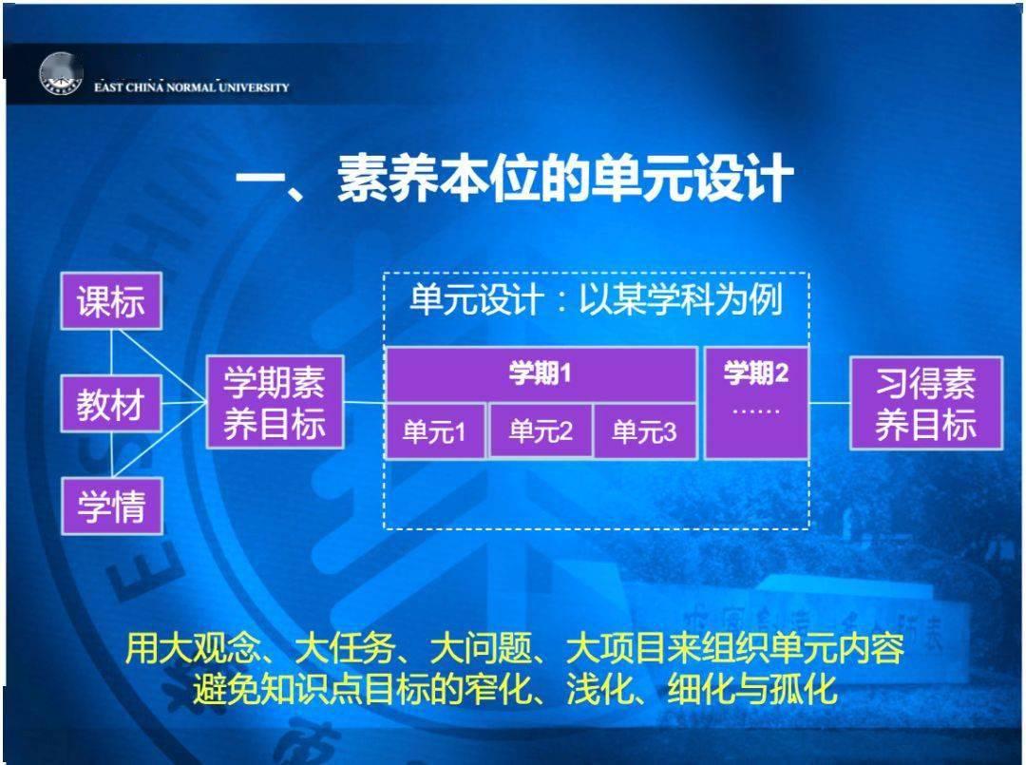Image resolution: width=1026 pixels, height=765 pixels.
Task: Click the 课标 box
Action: tap(111, 301)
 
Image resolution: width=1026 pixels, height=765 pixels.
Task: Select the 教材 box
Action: tap(111, 404)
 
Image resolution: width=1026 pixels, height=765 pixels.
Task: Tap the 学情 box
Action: tap(112, 506)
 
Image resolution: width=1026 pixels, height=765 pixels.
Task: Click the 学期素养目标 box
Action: tap(275, 402)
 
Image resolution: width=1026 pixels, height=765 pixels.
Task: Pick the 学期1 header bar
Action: tap(541, 373)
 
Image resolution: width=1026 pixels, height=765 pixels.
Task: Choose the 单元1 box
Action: tap(435, 431)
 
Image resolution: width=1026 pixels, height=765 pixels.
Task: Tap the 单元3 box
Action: tap(644, 431)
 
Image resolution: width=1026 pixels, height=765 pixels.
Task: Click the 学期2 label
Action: tap(756, 373)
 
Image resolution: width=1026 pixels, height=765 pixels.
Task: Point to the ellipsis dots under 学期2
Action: tap(756, 411)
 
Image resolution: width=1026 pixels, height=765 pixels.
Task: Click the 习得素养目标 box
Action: tap(926, 403)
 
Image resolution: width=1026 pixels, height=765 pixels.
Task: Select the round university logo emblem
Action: tap(60, 74)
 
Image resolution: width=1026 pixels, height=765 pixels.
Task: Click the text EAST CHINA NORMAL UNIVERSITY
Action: tap(191, 87)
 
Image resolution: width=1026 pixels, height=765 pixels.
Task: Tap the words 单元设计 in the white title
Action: tap(476, 299)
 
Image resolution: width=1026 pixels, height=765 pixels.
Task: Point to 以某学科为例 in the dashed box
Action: tap(680, 299)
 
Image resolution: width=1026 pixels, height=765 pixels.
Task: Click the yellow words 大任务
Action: tap(345, 648)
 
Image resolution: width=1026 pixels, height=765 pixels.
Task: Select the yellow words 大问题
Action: tap(481, 648)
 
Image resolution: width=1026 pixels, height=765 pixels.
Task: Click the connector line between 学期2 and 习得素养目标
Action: tap(829, 403)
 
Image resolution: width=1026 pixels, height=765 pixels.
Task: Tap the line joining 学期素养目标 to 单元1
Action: tap(365, 403)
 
